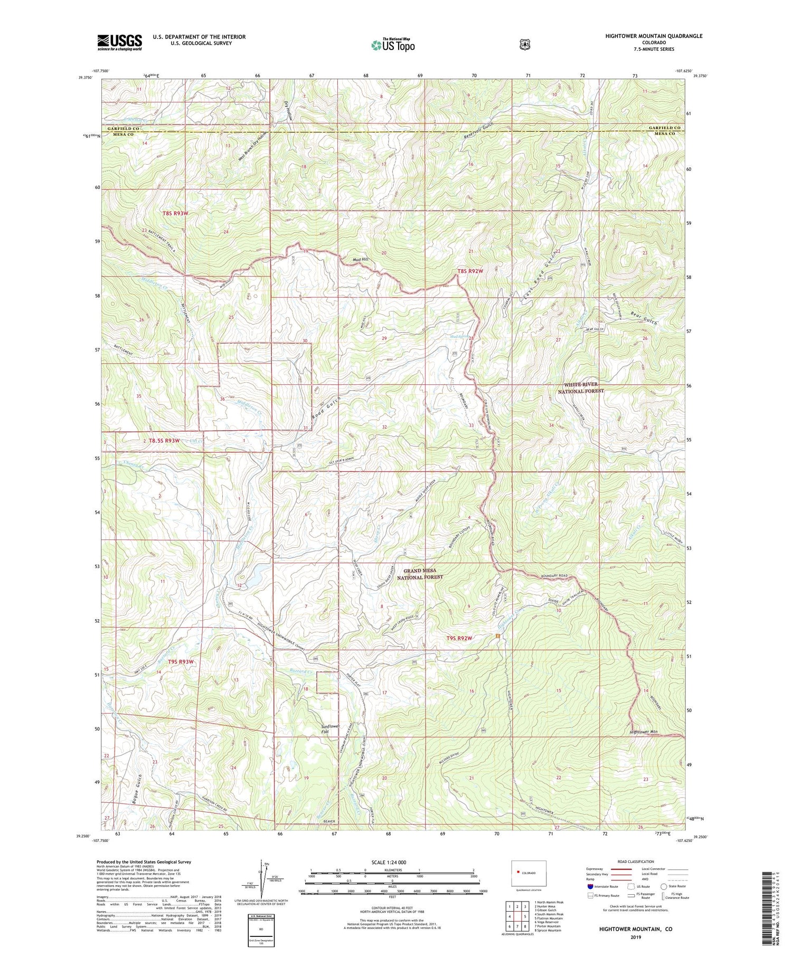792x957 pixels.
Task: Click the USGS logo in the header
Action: coord(119,42)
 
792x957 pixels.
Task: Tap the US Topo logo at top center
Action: coord(393,45)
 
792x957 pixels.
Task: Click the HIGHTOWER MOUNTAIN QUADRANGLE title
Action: coord(654,36)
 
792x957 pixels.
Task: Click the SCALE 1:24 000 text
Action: coord(392,862)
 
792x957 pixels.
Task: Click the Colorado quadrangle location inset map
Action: coord(529,875)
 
